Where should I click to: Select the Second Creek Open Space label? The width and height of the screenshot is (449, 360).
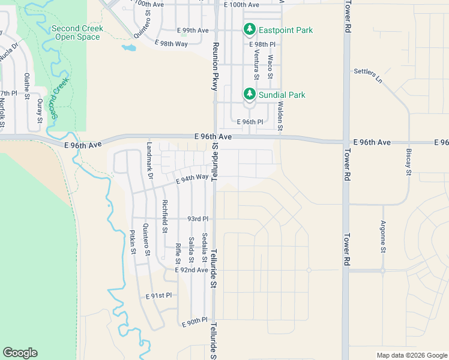(77, 32)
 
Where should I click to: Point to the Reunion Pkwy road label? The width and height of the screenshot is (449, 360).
(214, 67)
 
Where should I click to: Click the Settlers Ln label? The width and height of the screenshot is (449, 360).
(368, 74)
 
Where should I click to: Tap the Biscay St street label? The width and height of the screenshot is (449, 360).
(408, 162)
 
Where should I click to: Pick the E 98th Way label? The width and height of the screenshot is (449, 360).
(171, 44)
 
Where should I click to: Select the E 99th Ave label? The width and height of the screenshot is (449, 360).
(193, 30)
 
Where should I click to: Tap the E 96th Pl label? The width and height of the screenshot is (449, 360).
(250, 122)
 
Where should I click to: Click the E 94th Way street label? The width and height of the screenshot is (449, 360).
(192, 178)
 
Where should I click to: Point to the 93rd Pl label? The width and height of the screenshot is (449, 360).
(197, 219)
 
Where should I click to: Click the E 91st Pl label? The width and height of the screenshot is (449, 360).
(158, 296)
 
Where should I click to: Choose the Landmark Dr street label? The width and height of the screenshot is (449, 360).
(150, 161)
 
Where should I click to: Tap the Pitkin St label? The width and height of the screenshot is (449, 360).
(133, 242)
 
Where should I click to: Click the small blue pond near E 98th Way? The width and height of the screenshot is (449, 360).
(128, 47)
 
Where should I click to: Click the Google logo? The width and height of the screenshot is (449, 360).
(20, 353)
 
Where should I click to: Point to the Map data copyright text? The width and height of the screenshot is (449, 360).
(411, 355)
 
